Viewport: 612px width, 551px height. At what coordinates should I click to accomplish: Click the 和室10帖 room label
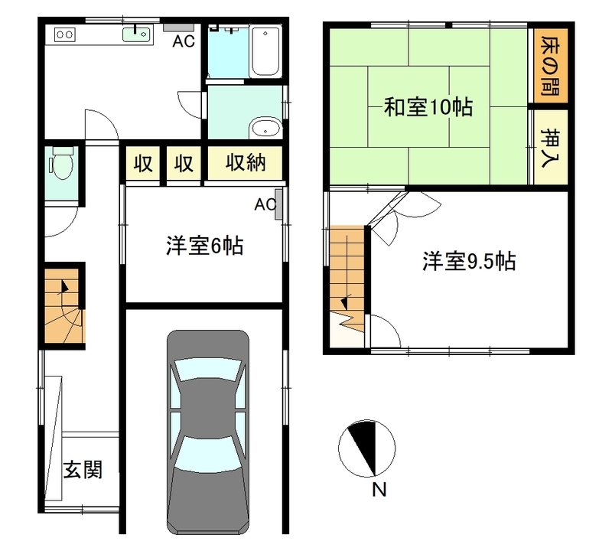pos(428,106)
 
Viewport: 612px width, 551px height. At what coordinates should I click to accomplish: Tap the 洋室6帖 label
pos(205,246)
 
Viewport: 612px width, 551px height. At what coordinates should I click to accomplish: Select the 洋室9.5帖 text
pos(469,261)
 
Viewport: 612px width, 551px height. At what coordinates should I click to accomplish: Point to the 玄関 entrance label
pos(83,469)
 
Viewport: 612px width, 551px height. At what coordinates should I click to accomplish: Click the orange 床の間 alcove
pos(550,66)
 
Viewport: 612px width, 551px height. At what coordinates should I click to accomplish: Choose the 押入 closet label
pos(550,148)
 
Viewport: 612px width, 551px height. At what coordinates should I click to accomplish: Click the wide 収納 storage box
pos(245,163)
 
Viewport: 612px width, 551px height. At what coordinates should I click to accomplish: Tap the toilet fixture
pos(61,163)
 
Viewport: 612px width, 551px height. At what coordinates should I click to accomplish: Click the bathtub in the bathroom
pos(265,51)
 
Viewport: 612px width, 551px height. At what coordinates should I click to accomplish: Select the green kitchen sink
pos(137,34)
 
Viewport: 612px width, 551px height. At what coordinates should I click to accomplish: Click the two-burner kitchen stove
pos(65,34)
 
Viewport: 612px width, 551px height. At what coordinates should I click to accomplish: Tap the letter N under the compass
pos(379,489)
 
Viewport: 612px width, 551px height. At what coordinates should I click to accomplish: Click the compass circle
pos(367,448)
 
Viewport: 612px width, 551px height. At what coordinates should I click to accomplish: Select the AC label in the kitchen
pos(184,41)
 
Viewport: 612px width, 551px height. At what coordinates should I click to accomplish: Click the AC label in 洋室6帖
pos(265,204)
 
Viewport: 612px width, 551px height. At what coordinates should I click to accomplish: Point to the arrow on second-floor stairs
pos(345,303)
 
